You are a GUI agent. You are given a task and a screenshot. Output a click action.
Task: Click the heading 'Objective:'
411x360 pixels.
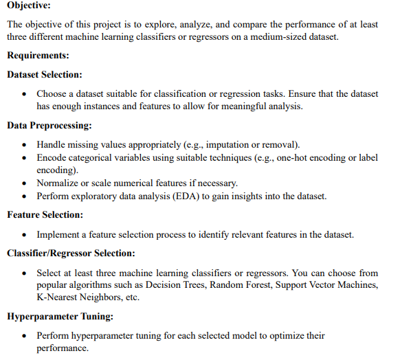pos(28,5)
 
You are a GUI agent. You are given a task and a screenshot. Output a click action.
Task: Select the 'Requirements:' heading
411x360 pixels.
pos(38,55)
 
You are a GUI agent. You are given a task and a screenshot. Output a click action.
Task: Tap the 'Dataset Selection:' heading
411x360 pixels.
pos(45,74)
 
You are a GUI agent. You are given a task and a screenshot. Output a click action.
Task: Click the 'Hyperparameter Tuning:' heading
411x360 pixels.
pos(58,317)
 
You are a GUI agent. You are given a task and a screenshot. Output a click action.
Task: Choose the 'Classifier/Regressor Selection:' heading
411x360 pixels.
pos(71,254)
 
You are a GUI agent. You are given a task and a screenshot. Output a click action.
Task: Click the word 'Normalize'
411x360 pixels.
pos(59,183)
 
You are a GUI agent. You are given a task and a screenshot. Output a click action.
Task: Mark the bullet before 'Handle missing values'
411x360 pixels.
pos(25,145)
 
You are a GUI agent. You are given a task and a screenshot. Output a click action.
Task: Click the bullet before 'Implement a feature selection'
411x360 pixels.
pos(25,235)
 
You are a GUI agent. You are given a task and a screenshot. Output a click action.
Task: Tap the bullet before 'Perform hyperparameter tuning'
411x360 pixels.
pos(25,336)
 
